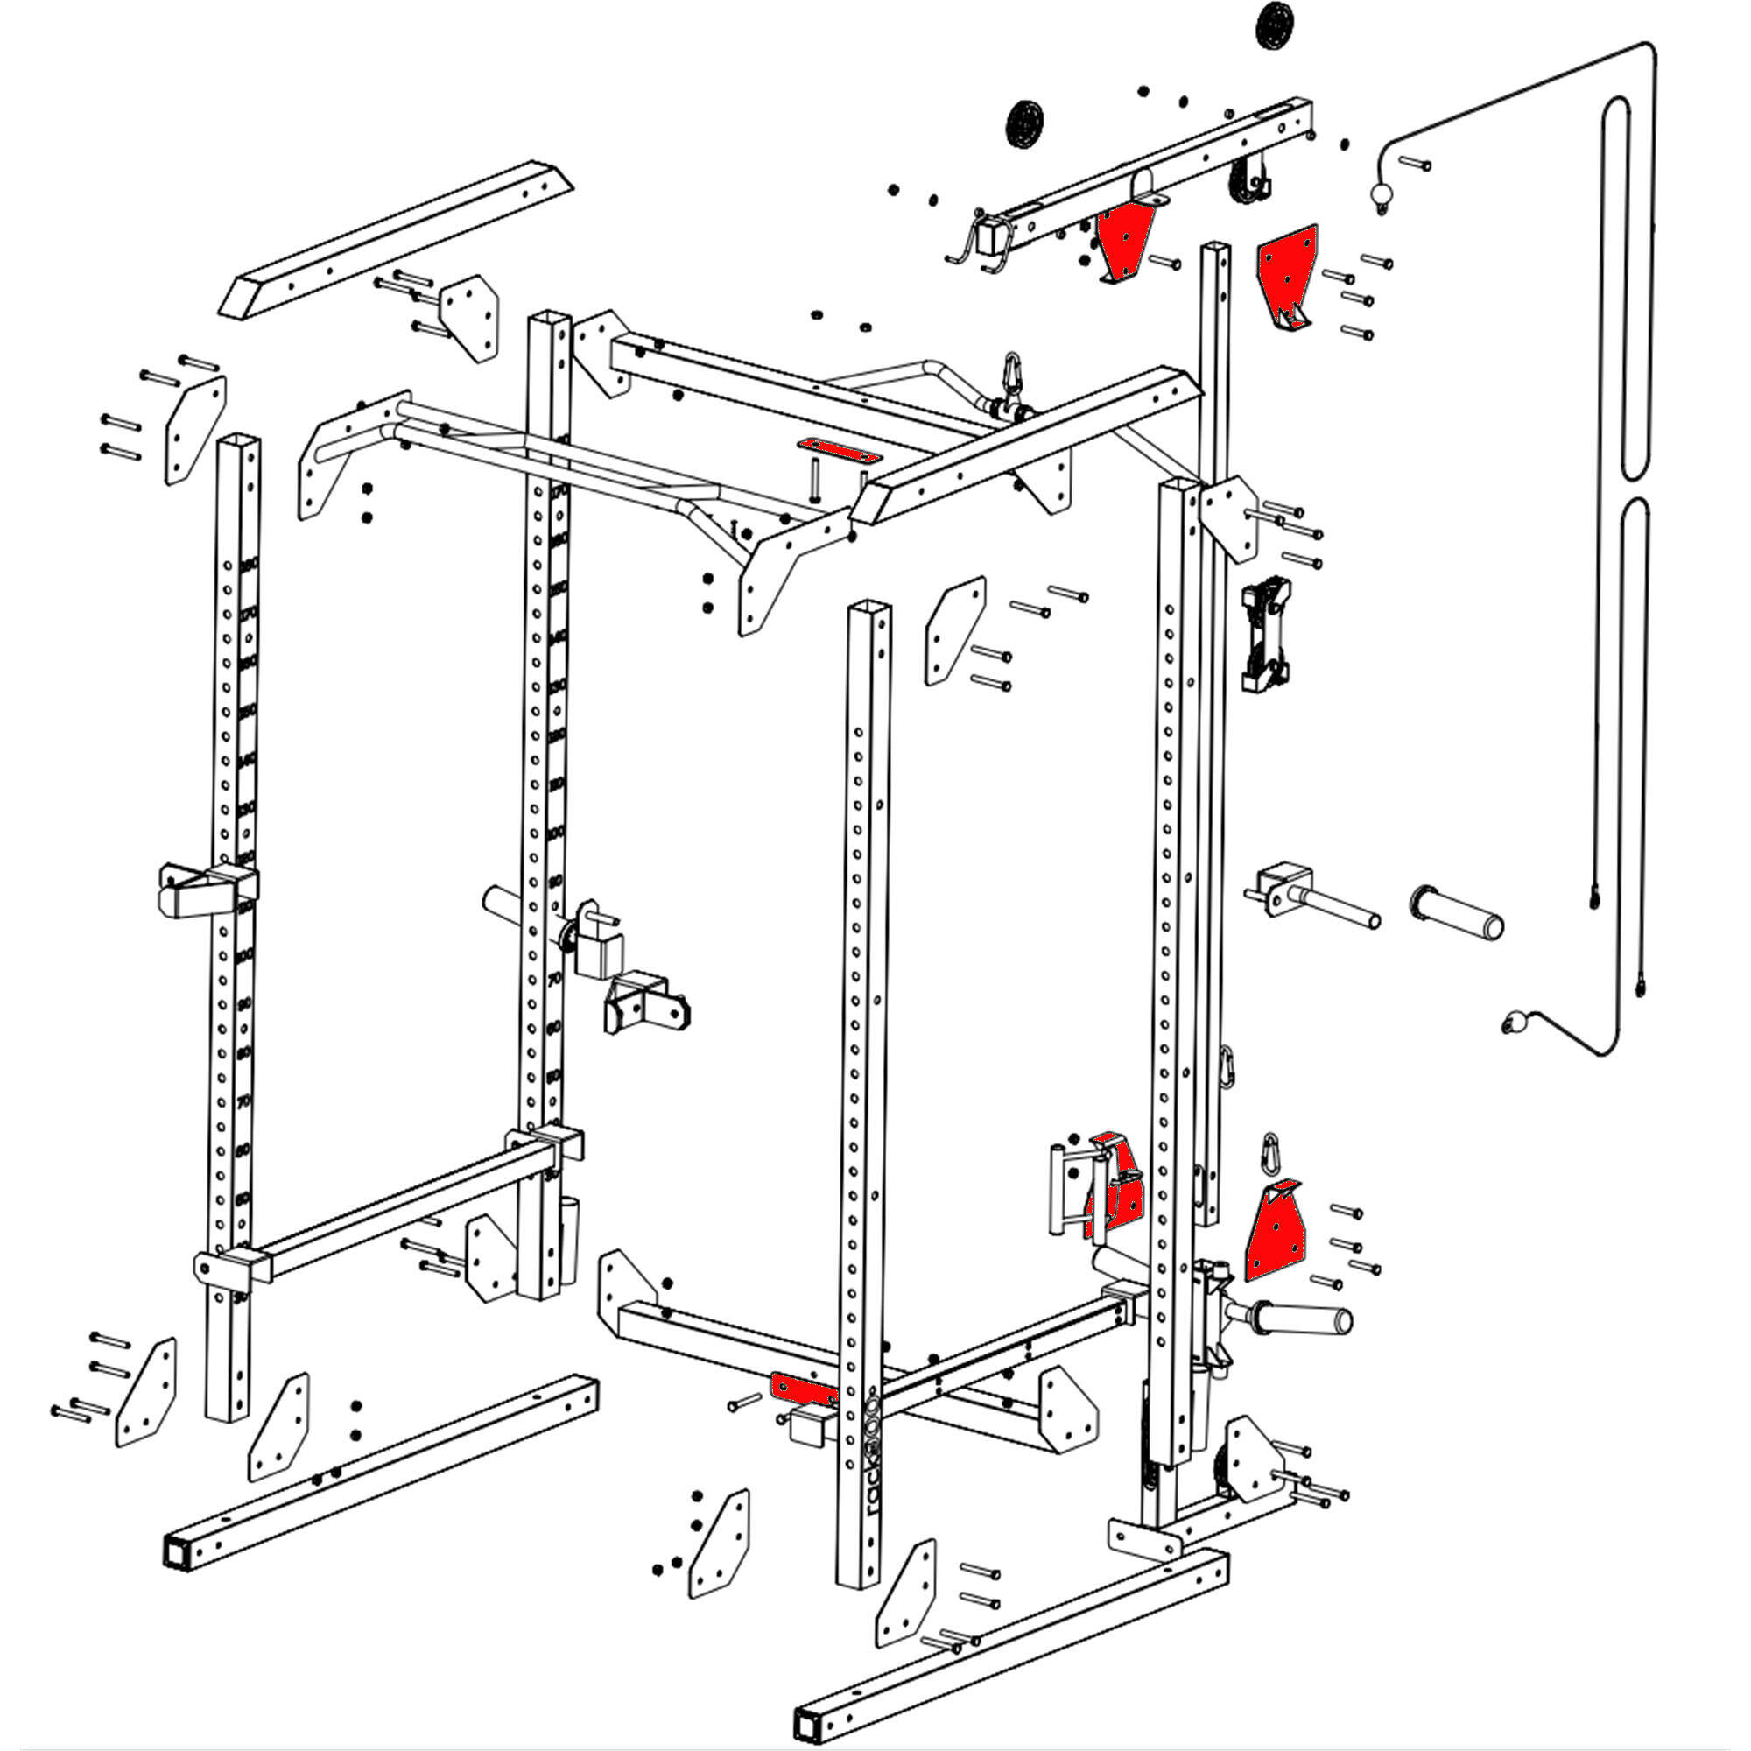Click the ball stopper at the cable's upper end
pos(1381,194)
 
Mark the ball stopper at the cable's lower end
pos(1511,1025)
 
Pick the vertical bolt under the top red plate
pos(815,481)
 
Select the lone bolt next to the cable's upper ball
pos(1414,163)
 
